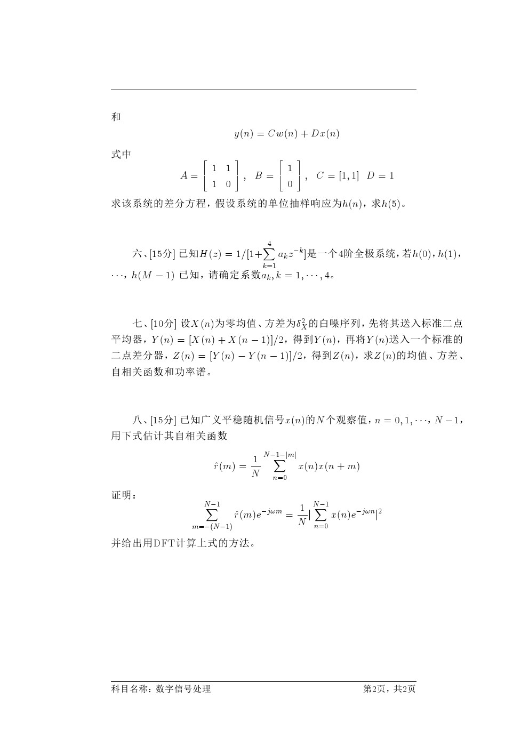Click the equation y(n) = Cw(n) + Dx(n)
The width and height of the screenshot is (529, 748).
[286, 134]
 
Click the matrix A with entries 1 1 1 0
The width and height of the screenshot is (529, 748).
[221, 176]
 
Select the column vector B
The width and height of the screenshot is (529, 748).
[290, 176]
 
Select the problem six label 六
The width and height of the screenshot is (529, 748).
[138, 254]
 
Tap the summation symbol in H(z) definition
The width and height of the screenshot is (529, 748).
[268, 253]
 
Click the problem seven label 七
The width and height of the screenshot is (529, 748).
[138, 324]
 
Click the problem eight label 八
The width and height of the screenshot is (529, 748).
[138, 420]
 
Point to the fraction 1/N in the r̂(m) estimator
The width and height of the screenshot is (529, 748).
[255, 466]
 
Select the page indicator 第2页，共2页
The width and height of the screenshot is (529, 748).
[389, 689]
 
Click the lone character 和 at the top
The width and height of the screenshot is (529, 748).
[116, 117]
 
